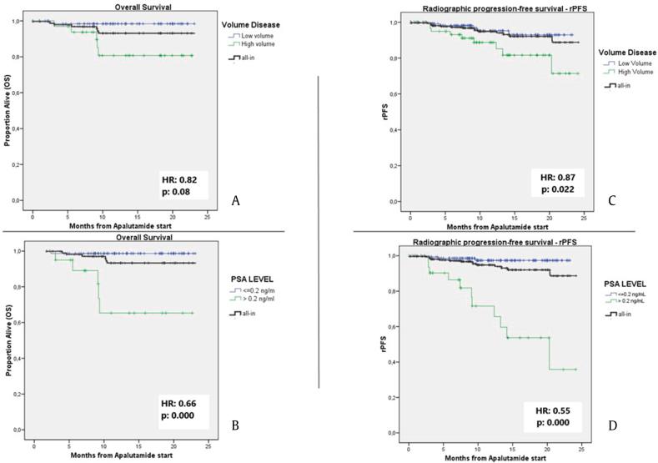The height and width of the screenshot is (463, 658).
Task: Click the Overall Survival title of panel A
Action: [x=115, y=7]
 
